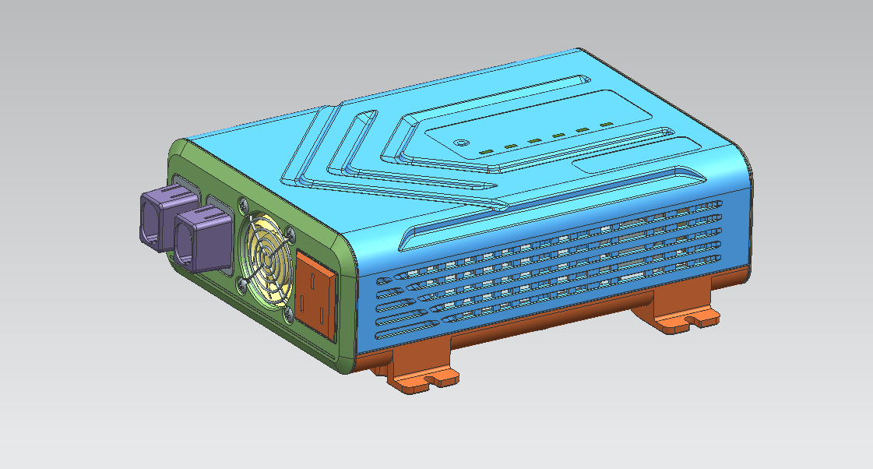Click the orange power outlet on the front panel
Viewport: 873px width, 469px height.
pos(316,294)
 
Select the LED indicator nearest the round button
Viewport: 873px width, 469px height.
pos(487,150)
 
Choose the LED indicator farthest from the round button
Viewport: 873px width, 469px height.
pos(605,125)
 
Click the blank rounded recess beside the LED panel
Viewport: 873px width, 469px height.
pos(623,159)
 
